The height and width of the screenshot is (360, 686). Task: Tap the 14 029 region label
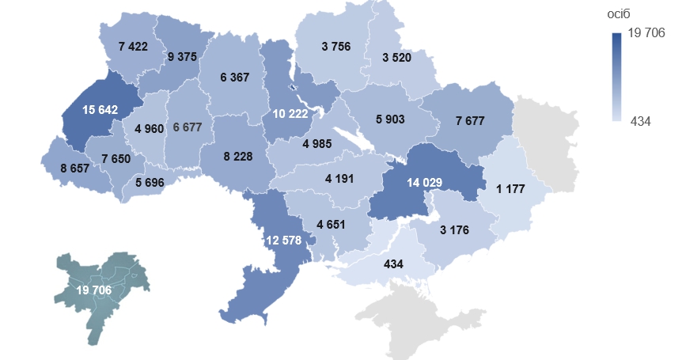(x=424, y=182)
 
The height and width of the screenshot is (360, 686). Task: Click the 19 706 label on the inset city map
(x=93, y=290)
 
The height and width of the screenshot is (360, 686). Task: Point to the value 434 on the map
(x=393, y=263)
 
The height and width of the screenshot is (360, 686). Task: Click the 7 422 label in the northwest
(x=133, y=47)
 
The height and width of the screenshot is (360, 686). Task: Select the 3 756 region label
(x=336, y=47)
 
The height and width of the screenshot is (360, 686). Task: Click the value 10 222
(x=290, y=114)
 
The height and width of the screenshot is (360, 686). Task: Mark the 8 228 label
(x=237, y=157)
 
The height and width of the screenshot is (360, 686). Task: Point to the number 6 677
(x=188, y=127)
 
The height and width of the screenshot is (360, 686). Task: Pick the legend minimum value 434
(x=642, y=120)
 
